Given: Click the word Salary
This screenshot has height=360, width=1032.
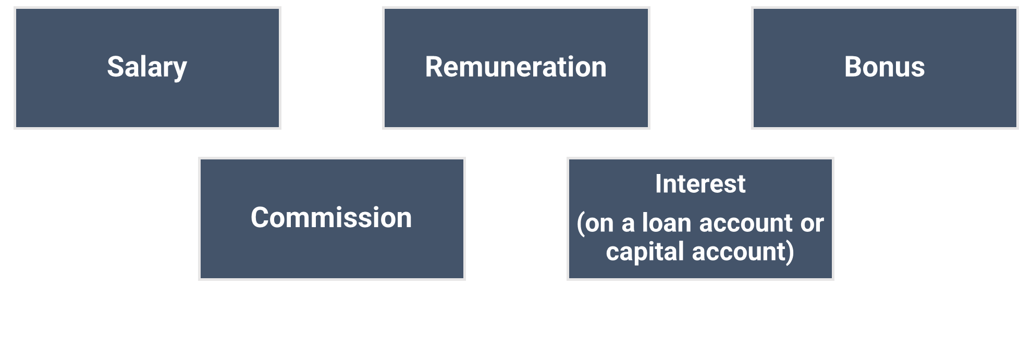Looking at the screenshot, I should [147, 67].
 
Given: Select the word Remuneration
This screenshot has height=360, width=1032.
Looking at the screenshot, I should [515, 67].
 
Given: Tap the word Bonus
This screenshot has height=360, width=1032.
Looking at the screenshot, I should [884, 67].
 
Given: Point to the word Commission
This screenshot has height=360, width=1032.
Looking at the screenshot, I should [331, 218].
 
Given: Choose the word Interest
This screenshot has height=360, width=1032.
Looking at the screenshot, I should [700, 184].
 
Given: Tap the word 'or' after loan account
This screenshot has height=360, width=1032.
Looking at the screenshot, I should [812, 224].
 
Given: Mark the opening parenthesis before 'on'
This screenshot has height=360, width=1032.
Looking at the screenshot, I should [581, 224].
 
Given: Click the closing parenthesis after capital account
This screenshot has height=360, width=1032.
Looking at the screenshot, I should [791, 252].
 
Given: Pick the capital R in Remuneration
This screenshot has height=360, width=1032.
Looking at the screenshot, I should [434, 67].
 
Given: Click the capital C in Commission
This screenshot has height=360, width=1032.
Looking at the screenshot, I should [260, 218].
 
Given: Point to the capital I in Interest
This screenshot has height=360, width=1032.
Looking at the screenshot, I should [658, 184].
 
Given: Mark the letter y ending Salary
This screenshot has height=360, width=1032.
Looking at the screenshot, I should [180, 70].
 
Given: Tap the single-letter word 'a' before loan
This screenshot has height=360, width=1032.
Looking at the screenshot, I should [628, 225].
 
